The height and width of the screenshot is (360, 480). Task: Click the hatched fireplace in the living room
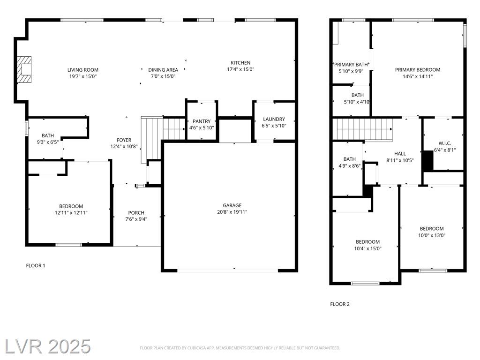[x=24, y=69]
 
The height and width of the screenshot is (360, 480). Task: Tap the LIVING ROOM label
[x=83, y=70]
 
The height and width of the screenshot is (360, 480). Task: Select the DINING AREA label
[x=163, y=70]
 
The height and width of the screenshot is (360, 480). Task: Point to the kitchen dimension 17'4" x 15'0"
[x=240, y=69]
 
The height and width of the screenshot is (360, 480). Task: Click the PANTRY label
[x=202, y=121]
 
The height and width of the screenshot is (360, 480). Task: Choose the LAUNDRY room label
[x=274, y=119]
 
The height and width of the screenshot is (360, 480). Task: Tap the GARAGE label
[x=232, y=205]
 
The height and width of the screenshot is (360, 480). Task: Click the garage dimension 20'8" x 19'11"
[x=232, y=212]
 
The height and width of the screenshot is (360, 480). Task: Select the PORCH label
[x=136, y=213]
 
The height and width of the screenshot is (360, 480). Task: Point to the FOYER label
[x=124, y=140]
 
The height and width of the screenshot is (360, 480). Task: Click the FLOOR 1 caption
[x=36, y=266]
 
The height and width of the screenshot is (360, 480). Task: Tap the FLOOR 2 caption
[x=340, y=304]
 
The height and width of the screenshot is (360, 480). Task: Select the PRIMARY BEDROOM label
[x=418, y=70]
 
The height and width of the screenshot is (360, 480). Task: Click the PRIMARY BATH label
[x=351, y=65]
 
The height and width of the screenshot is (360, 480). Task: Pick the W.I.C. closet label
[x=445, y=143]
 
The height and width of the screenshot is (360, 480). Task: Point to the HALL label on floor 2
[x=400, y=154]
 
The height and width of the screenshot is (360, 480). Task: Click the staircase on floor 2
[x=362, y=129]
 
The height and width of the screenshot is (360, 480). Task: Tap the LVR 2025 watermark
[x=47, y=347]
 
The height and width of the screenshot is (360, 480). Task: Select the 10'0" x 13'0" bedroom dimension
[x=432, y=235]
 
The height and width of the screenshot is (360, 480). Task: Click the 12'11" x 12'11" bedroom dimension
[x=71, y=213]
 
